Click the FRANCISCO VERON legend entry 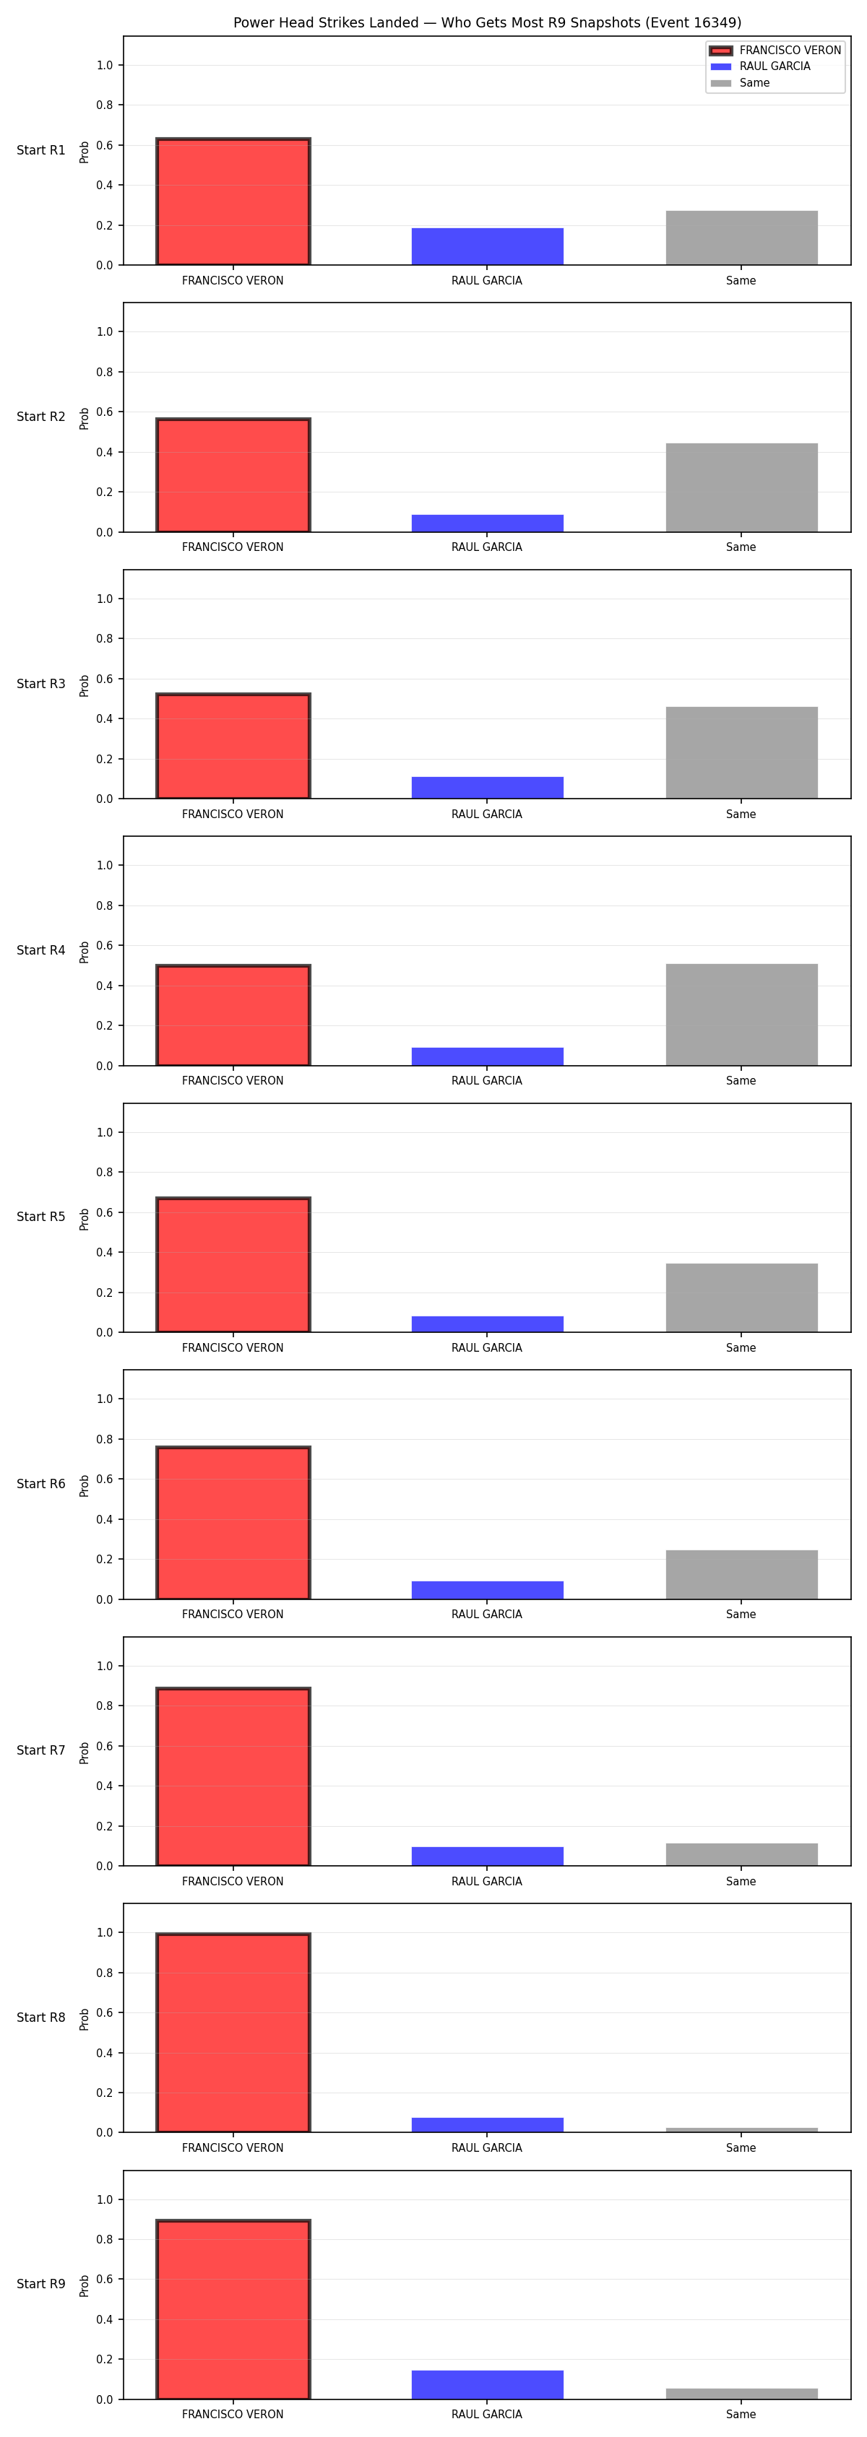point(775,50)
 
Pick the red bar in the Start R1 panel point(233,201)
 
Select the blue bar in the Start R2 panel point(488,524)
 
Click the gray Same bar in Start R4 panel point(741,1015)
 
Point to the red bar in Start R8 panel point(233,2032)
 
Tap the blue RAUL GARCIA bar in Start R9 point(488,2385)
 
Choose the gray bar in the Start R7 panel point(741,1854)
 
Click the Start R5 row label point(40,1217)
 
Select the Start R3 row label point(40,683)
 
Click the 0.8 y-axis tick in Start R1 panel point(104,105)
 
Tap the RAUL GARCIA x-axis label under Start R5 point(486,1347)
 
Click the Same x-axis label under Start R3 point(741,814)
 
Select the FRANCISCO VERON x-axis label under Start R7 point(233,1881)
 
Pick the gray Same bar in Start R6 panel point(741,1574)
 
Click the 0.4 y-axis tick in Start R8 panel point(104,2053)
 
